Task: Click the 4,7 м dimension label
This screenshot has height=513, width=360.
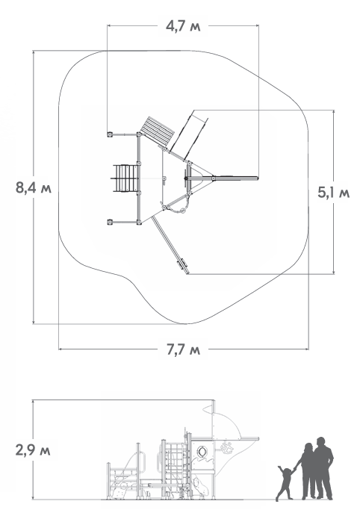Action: coord(183,26)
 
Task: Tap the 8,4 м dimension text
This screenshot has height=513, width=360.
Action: coord(34,188)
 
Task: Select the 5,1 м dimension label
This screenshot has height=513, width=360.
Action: coord(334,193)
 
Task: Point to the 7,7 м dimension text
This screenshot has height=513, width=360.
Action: coord(183,349)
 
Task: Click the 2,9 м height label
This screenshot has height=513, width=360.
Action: coord(33,450)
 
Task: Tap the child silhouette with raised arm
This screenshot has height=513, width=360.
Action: coord(285,483)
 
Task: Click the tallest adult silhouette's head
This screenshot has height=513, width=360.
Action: coord(320,442)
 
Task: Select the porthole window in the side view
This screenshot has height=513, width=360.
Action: coord(202,452)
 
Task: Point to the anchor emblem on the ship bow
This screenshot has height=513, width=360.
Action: coord(226,447)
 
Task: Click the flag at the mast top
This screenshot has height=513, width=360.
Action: coord(208,408)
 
